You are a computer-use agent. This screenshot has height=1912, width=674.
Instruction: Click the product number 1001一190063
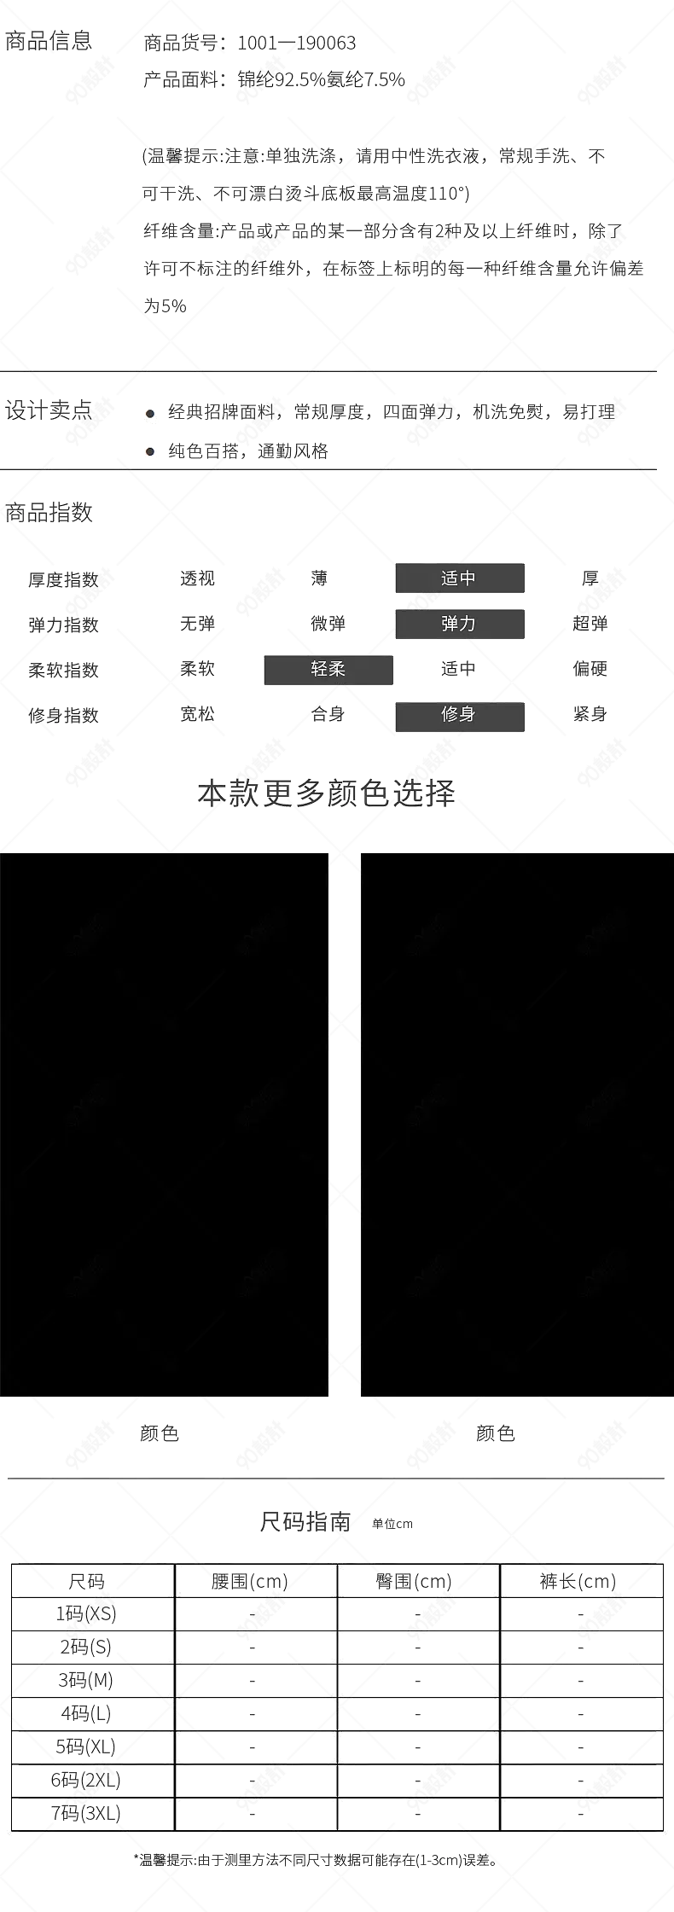coord(296,43)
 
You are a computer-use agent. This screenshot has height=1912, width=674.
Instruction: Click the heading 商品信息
coord(49,40)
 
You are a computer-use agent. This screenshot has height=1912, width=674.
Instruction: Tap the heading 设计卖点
coord(49,410)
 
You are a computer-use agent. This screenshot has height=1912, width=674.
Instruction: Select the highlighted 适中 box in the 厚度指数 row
coord(460,578)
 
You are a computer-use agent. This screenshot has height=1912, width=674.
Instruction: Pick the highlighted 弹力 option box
coord(460,624)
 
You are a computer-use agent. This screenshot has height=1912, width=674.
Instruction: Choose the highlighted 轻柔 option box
coord(328,670)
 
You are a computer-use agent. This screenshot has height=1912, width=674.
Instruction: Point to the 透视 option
coord(197,578)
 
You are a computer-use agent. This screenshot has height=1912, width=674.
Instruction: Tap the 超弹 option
coord(590,624)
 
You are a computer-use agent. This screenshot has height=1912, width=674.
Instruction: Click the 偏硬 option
coord(590,669)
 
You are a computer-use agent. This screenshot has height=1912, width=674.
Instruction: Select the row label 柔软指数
coord(63,671)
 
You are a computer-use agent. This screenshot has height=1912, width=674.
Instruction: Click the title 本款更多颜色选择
coord(327,793)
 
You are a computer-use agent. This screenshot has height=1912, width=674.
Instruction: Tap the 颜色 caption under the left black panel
coord(160,1433)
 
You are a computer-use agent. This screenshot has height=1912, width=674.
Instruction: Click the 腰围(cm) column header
coord(250,1581)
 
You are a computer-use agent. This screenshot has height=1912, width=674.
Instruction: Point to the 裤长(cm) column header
coord(578,1581)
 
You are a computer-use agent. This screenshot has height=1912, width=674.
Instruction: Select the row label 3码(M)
coord(85,1680)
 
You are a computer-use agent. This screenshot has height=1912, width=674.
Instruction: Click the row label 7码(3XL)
coord(85,1813)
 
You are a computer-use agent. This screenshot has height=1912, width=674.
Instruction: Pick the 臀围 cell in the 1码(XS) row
coord(417,1614)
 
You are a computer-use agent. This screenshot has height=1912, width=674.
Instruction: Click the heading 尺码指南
coord(305,1521)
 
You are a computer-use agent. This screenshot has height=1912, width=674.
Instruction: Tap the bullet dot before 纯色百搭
coord(150,452)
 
